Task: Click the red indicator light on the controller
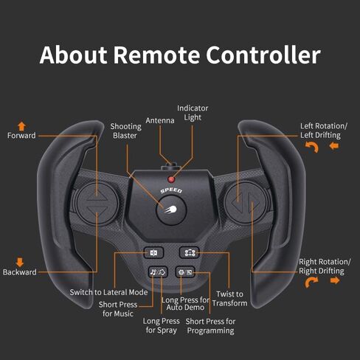click(171, 179)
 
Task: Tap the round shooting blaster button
click(171, 210)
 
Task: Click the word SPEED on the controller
click(171, 190)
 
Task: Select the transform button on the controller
click(189, 252)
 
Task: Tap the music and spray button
click(158, 272)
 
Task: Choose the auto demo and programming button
click(185, 272)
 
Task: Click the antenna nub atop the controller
click(171, 165)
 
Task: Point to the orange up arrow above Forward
click(21, 126)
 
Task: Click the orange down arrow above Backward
click(20, 262)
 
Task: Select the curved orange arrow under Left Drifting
click(312, 147)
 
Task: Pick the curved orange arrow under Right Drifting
click(311, 283)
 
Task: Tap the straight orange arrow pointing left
click(334, 146)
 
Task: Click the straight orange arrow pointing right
click(335, 280)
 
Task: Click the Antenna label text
click(160, 120)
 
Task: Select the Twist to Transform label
click(229, 299)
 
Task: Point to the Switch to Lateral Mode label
click(108, 292)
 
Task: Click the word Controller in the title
click(263, 55)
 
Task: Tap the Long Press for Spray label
click(162, 325)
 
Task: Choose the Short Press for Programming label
click(210, 326)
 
